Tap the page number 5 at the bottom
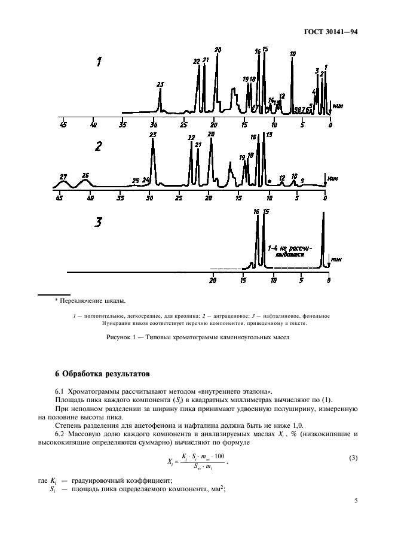point(356,500)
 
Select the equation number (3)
point(353,458)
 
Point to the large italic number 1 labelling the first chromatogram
point(100,62)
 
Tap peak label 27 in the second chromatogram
point(63,176)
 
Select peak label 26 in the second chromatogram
point(85,175)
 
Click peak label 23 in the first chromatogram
point(160,84)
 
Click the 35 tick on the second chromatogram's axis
point(120,197)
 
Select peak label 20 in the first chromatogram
point(218,50)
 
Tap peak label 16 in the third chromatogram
point(256,211)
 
